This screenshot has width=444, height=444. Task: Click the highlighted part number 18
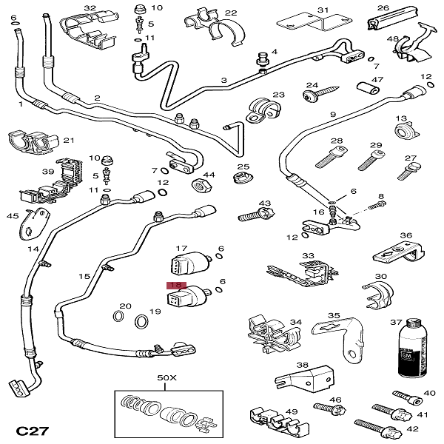[x=177, y=286]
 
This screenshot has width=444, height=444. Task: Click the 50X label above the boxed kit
[x=167, y=377]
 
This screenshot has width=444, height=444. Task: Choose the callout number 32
[x=90, y=8]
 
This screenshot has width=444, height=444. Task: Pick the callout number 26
[x=383, y=8]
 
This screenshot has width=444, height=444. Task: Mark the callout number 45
[x=13, y=216]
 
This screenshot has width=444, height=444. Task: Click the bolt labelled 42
[x=377, y=428]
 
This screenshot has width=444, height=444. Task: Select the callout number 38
[x=302, y=365]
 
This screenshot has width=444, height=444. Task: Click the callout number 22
[x=231, y=13]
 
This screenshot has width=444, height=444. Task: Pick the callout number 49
[x=292, y=412]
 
